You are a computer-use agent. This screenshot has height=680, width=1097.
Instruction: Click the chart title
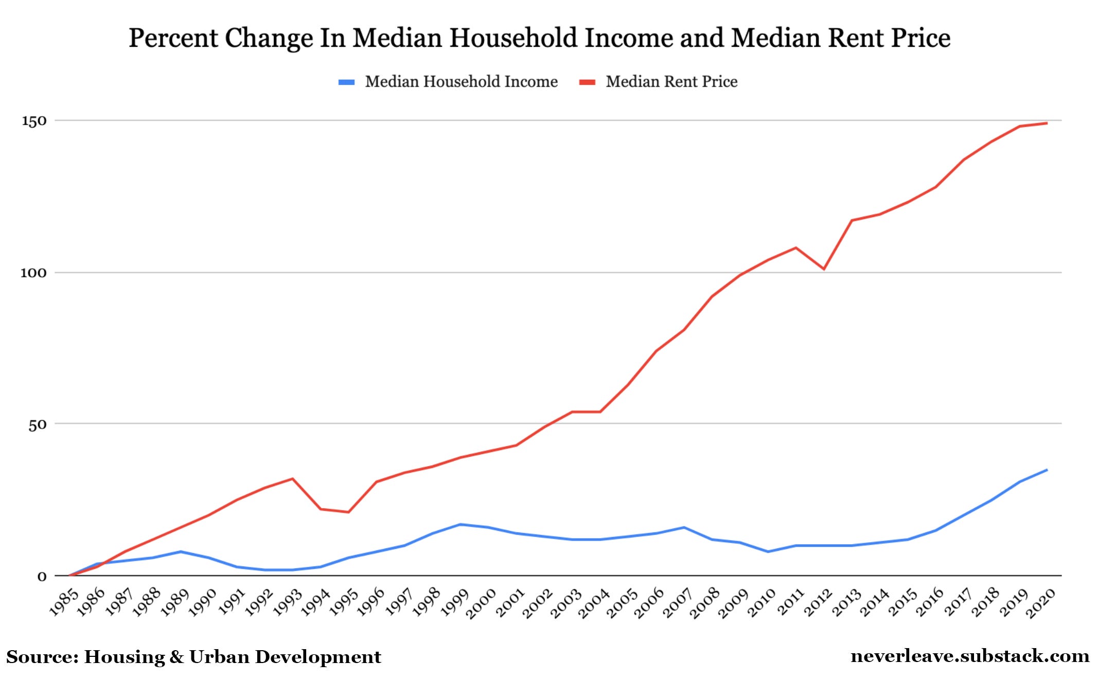tap(539, 38)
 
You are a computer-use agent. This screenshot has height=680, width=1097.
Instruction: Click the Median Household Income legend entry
tap(461, 82)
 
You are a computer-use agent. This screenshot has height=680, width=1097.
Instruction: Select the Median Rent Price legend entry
tap(671, 82)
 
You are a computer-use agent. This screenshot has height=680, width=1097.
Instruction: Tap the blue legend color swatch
tap(346, 82)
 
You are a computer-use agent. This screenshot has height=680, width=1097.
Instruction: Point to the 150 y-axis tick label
tap(34, 121)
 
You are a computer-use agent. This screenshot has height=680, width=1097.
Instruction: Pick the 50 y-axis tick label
tap(37, 425)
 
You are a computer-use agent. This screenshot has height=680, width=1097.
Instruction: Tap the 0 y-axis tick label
tap(42, 577)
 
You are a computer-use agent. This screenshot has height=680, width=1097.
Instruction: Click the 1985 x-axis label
tap(64, 602)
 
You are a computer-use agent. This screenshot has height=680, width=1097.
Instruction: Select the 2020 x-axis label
tap(1040, 603)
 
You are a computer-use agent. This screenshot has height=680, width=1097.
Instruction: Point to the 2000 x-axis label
tap(481, 603)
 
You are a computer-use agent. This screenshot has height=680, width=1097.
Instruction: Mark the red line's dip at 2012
tap(824, 269)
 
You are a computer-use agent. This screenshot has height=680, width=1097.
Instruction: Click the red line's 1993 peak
tap(292, 479)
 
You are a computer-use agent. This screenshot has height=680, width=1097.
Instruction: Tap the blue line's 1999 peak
tap(460, 524)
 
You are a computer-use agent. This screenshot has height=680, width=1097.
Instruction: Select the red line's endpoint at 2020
tap(1047, 123)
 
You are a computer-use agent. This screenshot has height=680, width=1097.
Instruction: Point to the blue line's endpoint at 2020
tap(1047, 470)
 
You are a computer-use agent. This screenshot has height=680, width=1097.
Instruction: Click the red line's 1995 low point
tap(348, 512)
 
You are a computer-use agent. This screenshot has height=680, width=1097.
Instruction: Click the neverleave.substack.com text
tap(970, 656)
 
